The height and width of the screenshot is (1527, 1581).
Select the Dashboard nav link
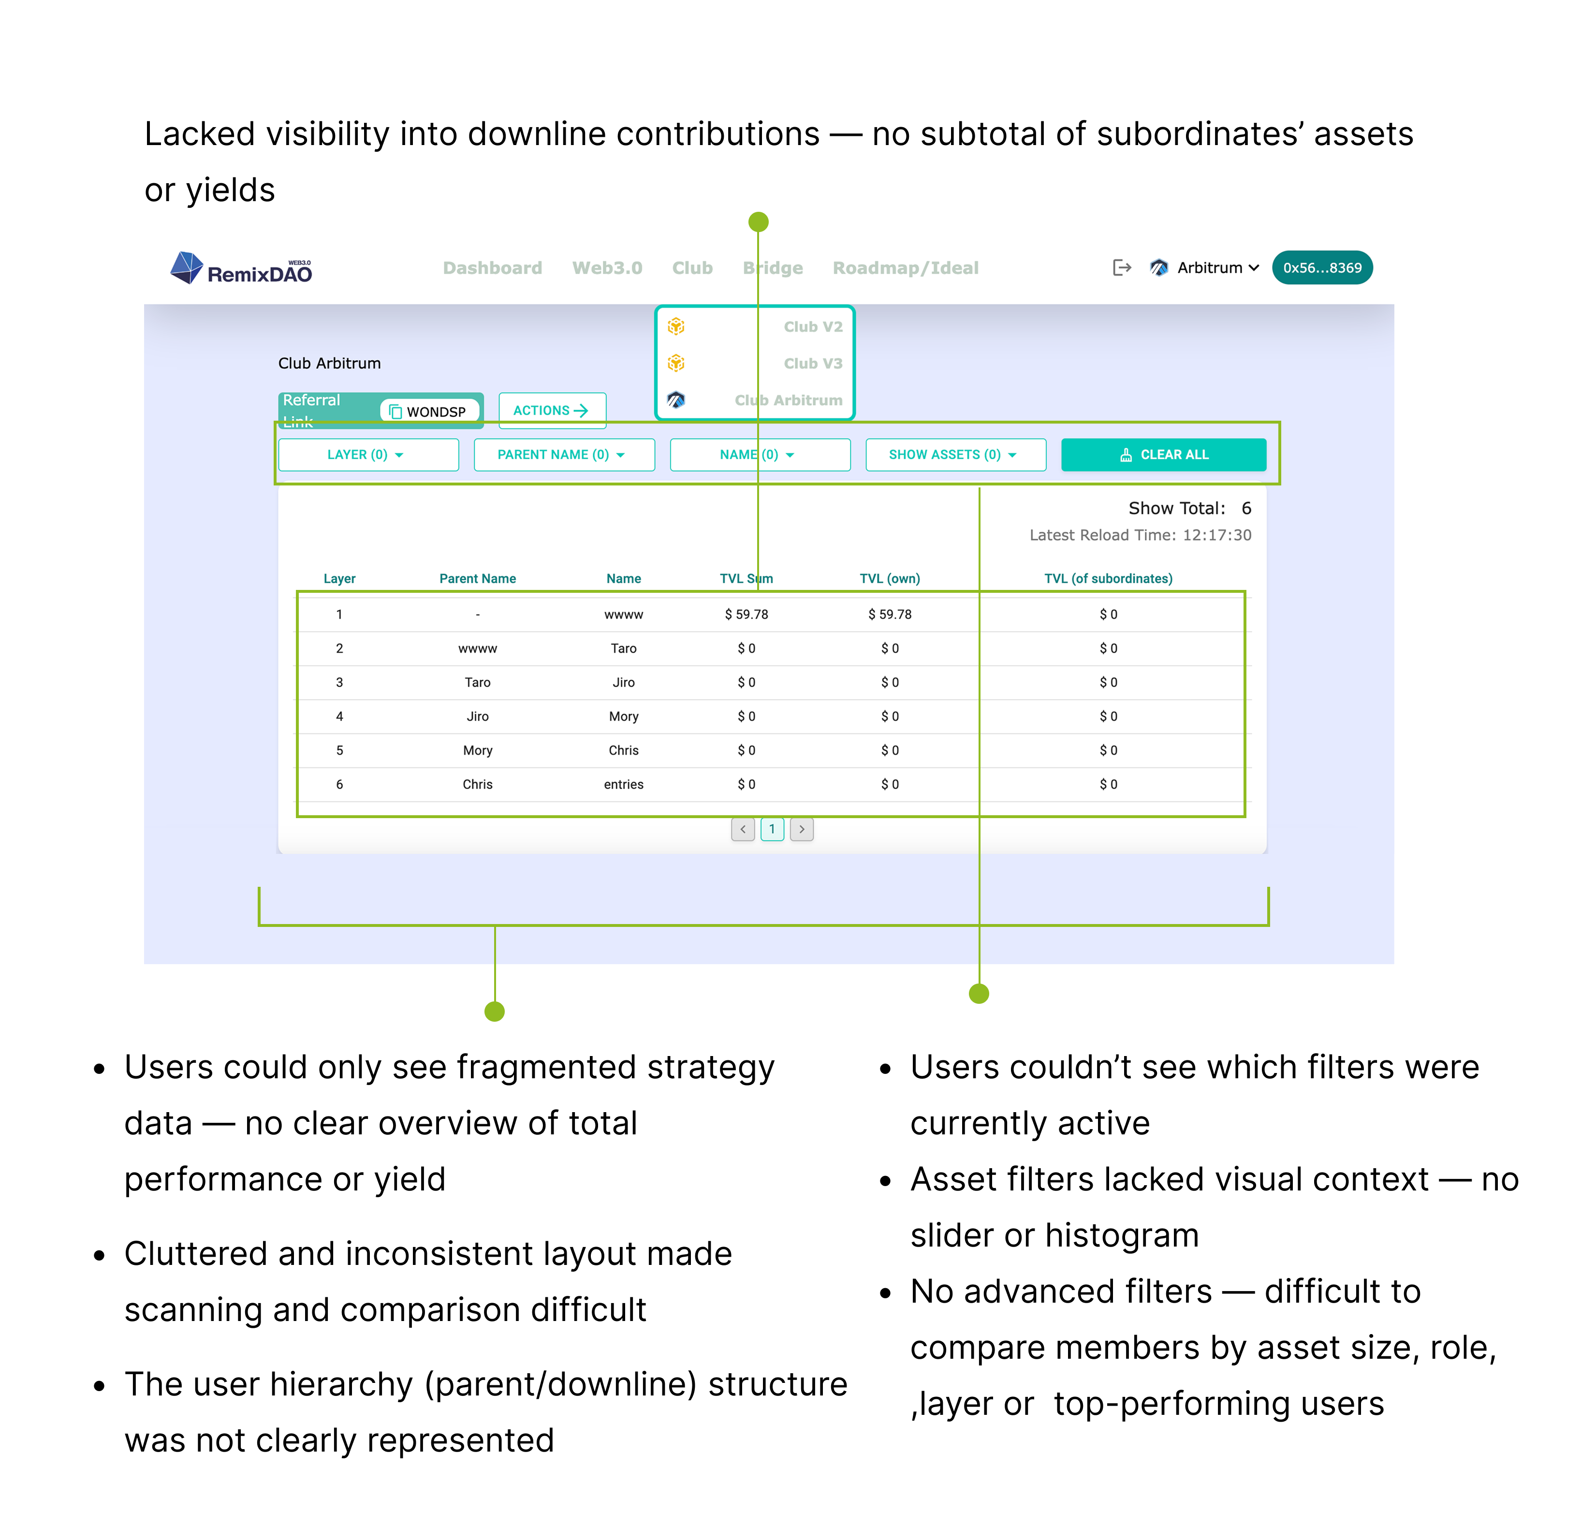pyautogui.click(x=492, y=268)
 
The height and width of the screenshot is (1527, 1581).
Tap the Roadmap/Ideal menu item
pyautogui.click(x=905, y=268)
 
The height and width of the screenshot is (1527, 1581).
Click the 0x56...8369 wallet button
pyautogui.click(x=1322, y=268)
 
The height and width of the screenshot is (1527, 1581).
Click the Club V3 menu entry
pyautogui.click(x=812, y=363)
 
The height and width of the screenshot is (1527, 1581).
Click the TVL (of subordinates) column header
pyautogui.click(x=1108, y=578)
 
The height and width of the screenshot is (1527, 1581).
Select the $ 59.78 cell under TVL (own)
pyautogui.click(x=890, y=615)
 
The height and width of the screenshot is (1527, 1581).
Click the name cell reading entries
pyautogui.click(x=624, y=784)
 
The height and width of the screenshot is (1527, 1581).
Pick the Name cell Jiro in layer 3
pyautogui.click(x=624, y=682)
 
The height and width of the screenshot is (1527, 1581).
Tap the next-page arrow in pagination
pyautogui.click(x=802, y=829)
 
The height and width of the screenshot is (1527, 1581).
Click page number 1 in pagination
pyautogui.click(x=772, y=829)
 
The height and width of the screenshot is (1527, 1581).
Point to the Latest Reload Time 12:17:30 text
pyautogui.click(x=1140, y=535)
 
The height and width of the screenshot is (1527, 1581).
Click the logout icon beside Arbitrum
pyautogui.click(x=1121, y=268)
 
